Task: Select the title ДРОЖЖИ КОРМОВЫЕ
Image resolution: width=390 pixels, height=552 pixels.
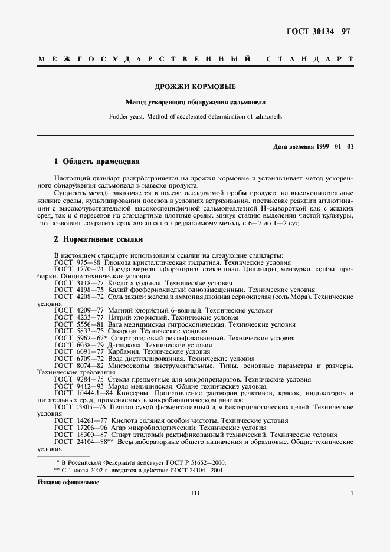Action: pos(195,87)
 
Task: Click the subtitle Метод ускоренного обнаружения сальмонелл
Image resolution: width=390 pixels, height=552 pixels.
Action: pos(195,103)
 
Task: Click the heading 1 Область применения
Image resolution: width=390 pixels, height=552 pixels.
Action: pos(97,161)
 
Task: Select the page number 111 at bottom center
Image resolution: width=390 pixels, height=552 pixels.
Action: pos(196,494)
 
